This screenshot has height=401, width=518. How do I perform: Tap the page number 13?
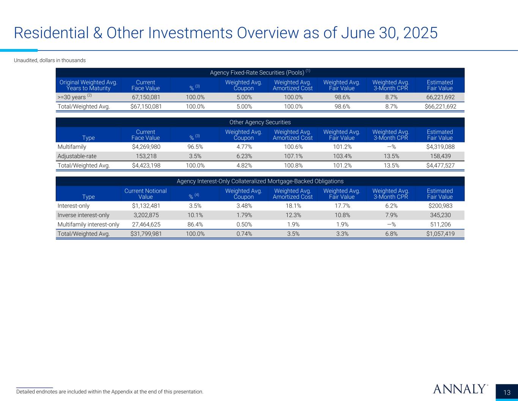tap(507, 393)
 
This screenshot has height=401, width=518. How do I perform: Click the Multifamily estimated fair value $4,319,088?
tap(440, 147)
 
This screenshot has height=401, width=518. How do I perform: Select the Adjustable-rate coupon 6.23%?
tap(244, 156)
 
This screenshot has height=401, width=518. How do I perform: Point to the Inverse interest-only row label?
tap(83, 215)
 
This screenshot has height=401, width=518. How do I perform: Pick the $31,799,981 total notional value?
tap(146, 234)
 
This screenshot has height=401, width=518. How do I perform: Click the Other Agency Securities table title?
tap(260, 122)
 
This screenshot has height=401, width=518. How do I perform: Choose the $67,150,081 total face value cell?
tap(146, 106)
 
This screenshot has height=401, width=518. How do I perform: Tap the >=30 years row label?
tap(74, 97)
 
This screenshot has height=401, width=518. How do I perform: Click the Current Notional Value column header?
tap(146, 194)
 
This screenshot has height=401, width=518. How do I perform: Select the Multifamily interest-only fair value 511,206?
tap(440, 224)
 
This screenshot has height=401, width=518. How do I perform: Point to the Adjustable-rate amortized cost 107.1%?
tap(293, 156)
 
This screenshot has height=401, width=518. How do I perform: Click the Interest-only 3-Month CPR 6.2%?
tap(391, 206)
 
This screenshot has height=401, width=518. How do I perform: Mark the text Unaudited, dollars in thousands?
tap(50, 60)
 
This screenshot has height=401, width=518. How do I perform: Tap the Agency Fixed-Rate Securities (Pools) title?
tap(260, 73)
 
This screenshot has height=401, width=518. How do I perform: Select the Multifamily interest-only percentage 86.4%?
tap(195, 224)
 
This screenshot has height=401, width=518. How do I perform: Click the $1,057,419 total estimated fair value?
tap(440, 234)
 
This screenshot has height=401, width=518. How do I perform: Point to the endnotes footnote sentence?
tap(110, 391)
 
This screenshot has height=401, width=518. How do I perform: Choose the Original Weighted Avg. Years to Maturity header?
tap(88, 85)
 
